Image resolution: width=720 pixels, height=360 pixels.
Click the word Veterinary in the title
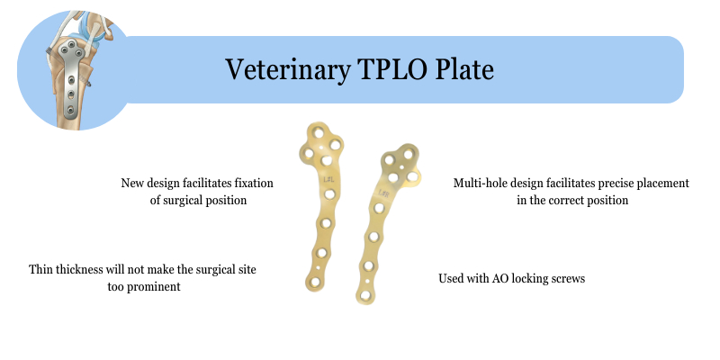(x=287, y=70)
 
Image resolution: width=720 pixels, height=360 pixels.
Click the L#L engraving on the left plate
(x=328, y=179)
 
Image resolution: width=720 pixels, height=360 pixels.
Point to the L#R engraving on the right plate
(x=384, y=193)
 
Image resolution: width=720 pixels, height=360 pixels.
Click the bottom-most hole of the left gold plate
(x=314, y=282)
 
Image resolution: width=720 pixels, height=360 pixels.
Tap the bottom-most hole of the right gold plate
(x=365, y=295)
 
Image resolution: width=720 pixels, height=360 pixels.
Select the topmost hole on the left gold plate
(x=319, y=133)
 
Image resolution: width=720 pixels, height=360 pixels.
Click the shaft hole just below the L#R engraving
(x=379, y=208)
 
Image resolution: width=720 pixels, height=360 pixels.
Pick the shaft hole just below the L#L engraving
(x=329, y=194)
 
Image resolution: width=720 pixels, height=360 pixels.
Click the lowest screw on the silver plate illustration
(x=70, y=110)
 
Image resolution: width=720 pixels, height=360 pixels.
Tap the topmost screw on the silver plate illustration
(x=72, y=44)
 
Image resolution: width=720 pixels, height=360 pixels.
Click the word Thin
(x=40, y=269)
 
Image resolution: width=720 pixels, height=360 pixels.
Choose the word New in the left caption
(x=131, y=184)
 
